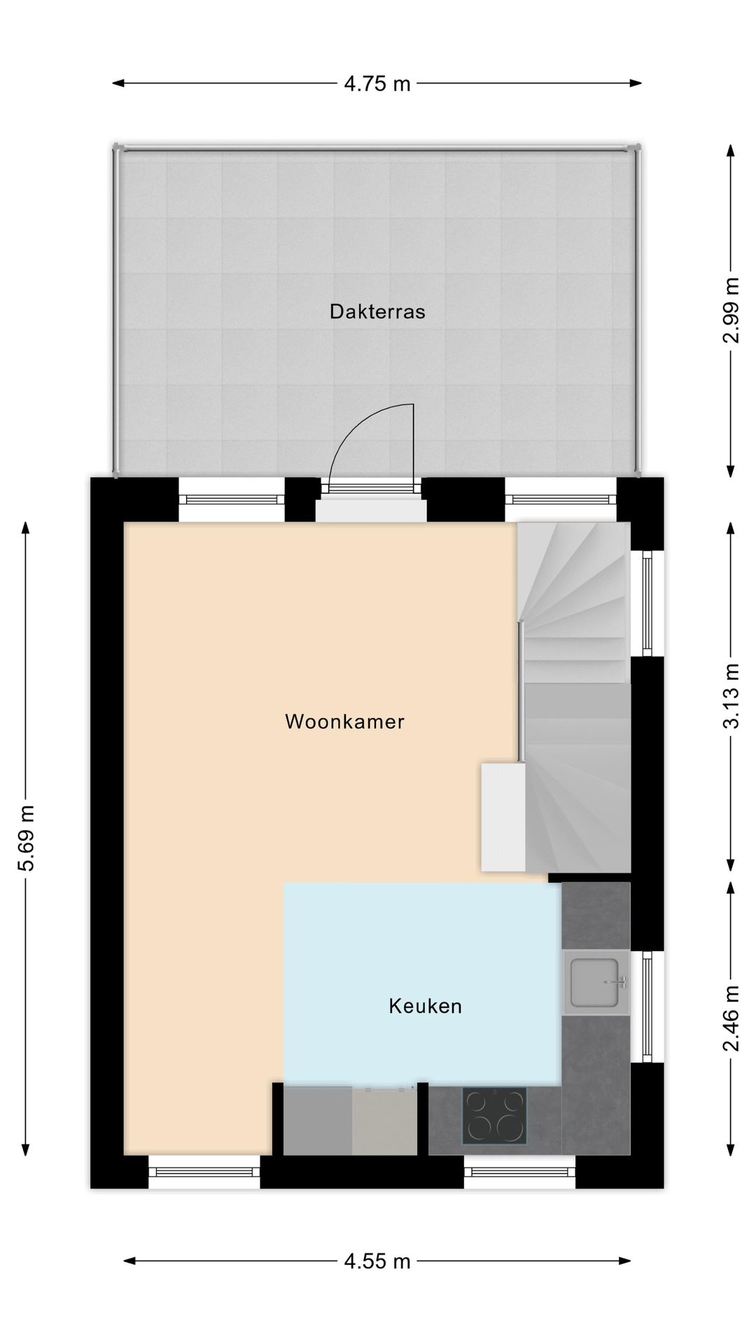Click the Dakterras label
[377, 311]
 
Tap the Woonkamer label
[344, 722]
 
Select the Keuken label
[425, 1007]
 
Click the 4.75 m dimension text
[377, 84]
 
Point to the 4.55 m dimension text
[377, 1263]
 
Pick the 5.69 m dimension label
[26, 839]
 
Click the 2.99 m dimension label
[731, 311]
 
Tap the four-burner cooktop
[494, 1116]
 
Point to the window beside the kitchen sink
[647, 1007]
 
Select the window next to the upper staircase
[647, 603]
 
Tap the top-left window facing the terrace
[232, 499]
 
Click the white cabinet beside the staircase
[503, 816]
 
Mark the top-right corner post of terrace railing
[638, 148]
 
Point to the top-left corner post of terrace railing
[118, 148]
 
